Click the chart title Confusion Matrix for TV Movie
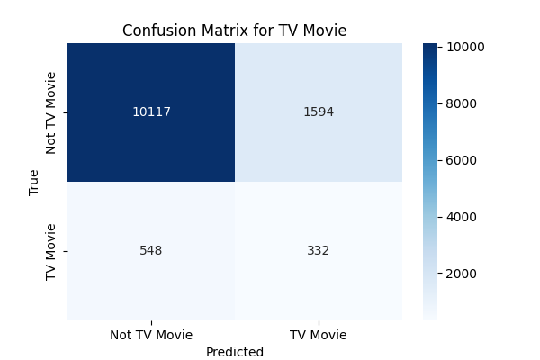click(234, 31)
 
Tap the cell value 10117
click(151, 112)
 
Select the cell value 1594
click(318, 112)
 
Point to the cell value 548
click(151, 250)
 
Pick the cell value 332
click(318, 250)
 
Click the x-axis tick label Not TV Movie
click(151, 335)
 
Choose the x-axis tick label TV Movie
click(318, 335)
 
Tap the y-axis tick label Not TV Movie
click(51, 112)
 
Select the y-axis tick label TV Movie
click(51, 251)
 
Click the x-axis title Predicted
click(234, 352)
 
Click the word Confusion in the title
click(158, 31)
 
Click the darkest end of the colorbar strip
click(430, 46)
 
